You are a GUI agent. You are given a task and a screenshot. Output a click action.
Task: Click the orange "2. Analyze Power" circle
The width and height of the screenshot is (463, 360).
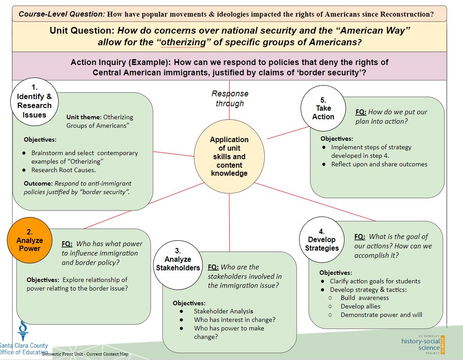(30, 240)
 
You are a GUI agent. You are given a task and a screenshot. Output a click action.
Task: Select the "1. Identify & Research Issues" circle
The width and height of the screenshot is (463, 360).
(34, 102)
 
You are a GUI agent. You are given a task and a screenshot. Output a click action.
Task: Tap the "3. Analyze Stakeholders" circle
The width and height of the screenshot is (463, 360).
(178, 265)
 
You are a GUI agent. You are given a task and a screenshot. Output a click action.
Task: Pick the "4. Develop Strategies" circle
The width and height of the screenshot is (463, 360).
(322, 239)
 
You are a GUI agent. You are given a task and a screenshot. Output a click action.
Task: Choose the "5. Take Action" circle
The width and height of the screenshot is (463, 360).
(323, 108)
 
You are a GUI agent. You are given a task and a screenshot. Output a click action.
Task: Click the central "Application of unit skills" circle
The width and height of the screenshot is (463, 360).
(229, 156)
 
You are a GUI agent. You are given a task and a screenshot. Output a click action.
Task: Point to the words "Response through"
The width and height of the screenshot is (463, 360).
(230, 98)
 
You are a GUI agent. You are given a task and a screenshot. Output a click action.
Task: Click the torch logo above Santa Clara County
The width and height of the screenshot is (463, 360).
(23, 330)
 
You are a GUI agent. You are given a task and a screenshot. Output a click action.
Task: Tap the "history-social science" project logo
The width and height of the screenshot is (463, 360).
(423, 344)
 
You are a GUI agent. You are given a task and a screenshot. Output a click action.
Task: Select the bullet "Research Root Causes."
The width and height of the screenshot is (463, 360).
(64, 170)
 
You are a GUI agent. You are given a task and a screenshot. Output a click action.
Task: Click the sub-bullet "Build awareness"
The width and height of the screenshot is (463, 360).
(365, 298)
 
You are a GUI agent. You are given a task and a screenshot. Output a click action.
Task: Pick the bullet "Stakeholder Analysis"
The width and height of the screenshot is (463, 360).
(223, 311)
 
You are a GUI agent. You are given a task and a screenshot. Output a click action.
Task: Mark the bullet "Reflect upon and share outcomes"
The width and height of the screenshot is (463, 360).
(379, 164)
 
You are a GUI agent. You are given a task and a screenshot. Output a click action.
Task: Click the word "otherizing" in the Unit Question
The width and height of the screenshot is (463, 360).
(181, 42)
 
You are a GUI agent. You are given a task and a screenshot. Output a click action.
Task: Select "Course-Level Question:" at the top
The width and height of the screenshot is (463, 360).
(62, 14)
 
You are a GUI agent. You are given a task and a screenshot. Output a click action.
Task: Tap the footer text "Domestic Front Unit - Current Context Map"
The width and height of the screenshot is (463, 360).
(85, 354)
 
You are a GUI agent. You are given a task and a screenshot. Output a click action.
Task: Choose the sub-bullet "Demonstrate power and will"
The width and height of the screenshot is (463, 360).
(381, 315)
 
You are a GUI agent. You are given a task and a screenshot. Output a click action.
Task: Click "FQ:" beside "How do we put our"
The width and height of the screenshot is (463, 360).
(361, 112)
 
